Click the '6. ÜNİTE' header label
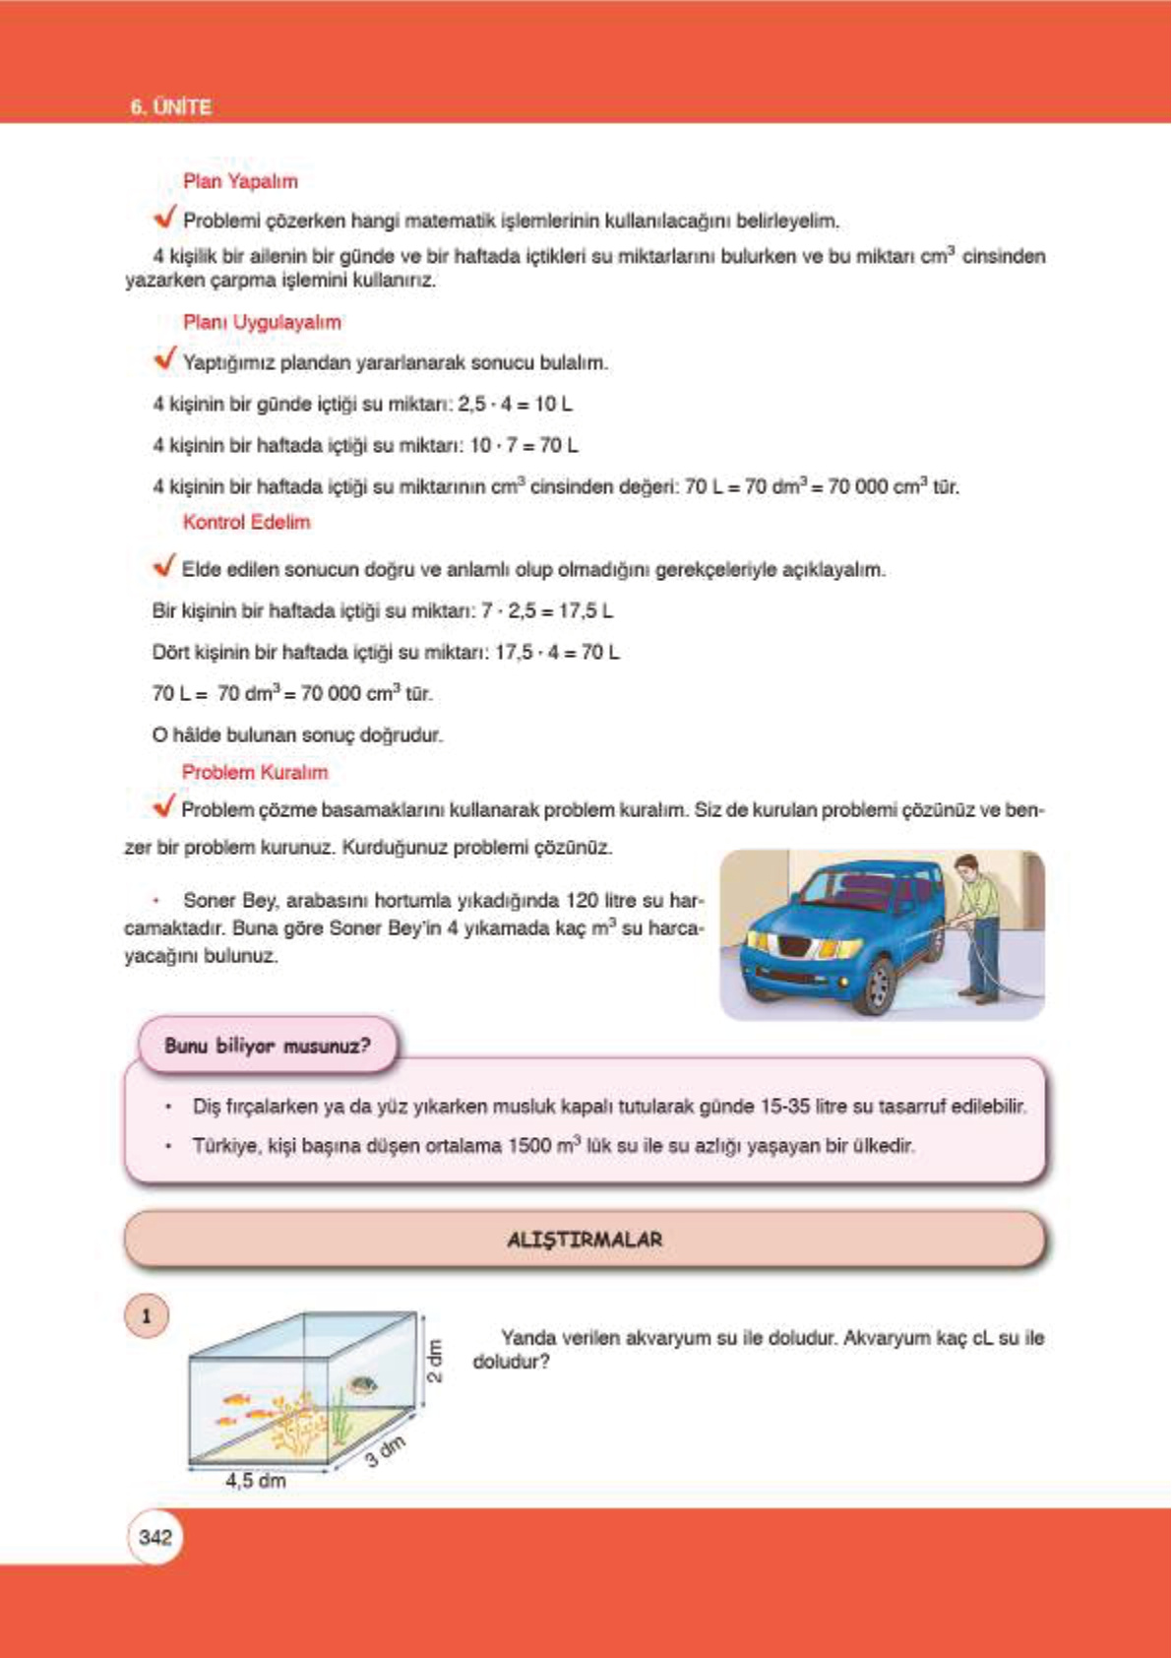click(170, 107)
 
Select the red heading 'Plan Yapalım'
click(240, 181)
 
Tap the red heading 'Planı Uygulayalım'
click(262, 322)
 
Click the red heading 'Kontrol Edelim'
click(246, 522)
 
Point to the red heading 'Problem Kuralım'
click(255, 772)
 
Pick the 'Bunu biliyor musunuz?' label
click(268, 1046)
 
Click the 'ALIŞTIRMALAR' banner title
click(585, 1240)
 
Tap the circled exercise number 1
click(147, 1316)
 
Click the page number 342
click(155, 1537)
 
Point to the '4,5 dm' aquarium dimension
click(256, 1480)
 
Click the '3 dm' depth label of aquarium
click(385, 1451)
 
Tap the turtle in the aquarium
click(363, 1385)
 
